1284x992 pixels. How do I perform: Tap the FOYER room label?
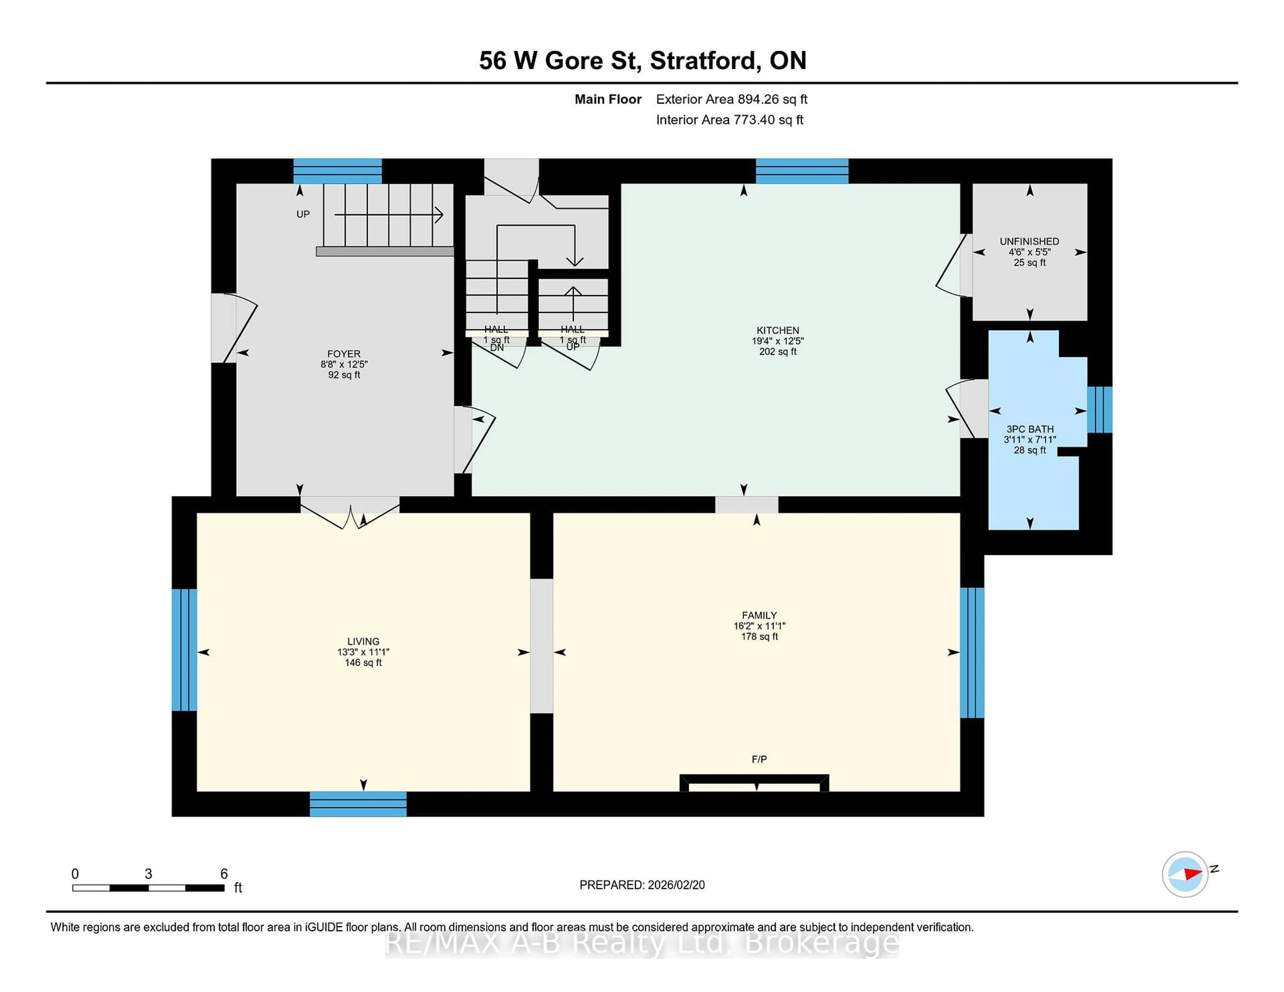click(344, 354)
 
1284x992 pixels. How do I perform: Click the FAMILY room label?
click(759, 615)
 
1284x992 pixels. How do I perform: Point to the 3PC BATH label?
click(1030, 429)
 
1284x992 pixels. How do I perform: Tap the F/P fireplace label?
click(759, 759)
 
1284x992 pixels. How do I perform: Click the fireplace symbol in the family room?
click(754, 784)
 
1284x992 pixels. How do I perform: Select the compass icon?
click(1185, 874)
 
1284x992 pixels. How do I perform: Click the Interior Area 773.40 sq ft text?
click(729, 120)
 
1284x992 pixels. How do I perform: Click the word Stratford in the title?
click(703, 60)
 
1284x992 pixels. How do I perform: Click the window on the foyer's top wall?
click(337, 171)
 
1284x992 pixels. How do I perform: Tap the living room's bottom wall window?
click(358, 803)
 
